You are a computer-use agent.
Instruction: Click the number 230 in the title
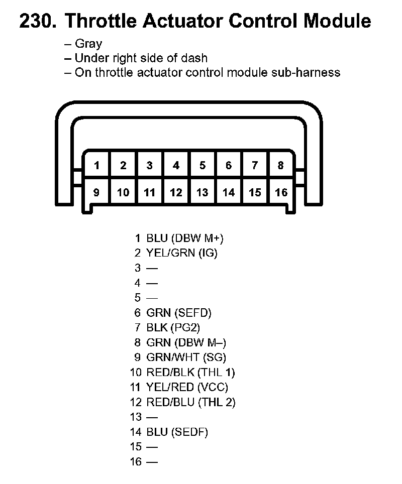click(x=38, y=22)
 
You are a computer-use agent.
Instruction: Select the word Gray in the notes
click(x=88, y=44)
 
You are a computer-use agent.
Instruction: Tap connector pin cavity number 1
click(x=96, y=165)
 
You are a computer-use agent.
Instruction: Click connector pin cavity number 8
click(x=280, y=165)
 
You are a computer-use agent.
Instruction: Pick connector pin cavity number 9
click(x=96, y=192)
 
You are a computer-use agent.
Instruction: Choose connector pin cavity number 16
click(x=281, y=192)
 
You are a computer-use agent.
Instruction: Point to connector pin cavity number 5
click(x=202, y=165)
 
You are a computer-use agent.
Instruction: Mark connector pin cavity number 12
click(x=176, y=192)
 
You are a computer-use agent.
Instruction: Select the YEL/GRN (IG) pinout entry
click(x=181, y=253)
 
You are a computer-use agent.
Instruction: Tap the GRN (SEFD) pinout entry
click(x=178, y=313)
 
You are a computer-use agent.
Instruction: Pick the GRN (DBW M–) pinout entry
click(x=185, y=343)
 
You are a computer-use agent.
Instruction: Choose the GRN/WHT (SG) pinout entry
click(x=185, y=357)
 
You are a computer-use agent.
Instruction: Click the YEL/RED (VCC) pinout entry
click(x=186, y=387)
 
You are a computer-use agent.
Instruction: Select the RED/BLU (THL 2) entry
click(x=190, y=402)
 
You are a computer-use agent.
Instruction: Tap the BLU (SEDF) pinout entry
click(x=177, y=432)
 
